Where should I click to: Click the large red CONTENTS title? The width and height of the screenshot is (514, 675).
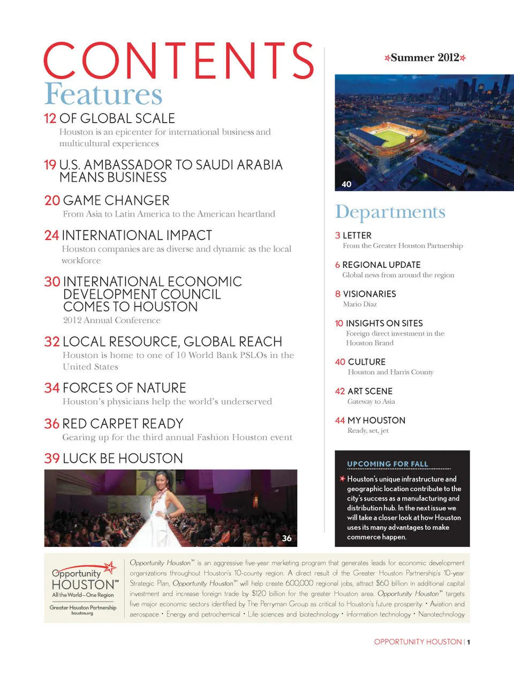[x=178, y=61]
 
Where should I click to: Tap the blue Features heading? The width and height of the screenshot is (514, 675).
[x=103, y=94]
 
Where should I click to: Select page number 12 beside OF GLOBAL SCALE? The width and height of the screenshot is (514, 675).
[x=50, y=118]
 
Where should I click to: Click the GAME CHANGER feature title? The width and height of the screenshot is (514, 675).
[x=116, y=200]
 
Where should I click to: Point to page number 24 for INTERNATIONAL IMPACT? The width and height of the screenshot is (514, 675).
[x=51, y=236]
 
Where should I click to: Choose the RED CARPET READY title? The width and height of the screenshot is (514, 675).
[x=123, y=424]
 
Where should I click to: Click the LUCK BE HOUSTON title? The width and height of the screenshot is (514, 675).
[x=123, y=459]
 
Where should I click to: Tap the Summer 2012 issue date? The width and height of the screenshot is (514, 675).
[x=425, y=58]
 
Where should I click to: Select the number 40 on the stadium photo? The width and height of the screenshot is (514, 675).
[x=346, y=184]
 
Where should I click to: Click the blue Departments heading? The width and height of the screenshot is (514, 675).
[x=390, y=212]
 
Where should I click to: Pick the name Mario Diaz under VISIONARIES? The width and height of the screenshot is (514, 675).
[x=360, y=304]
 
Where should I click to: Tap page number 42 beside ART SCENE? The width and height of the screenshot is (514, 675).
[x=340, y=392]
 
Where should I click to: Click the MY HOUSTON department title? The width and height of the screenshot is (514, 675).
[x=376, y=421]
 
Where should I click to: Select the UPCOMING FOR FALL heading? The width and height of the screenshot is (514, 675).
[x=388, y=464]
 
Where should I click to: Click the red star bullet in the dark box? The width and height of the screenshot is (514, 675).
[x=342, y=478]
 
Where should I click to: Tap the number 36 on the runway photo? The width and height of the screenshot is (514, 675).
[x=287, y=538]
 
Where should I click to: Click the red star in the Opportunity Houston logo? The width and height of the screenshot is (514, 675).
[x=110, y=567]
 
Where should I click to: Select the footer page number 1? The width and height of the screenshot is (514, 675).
[x=468, y=642]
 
